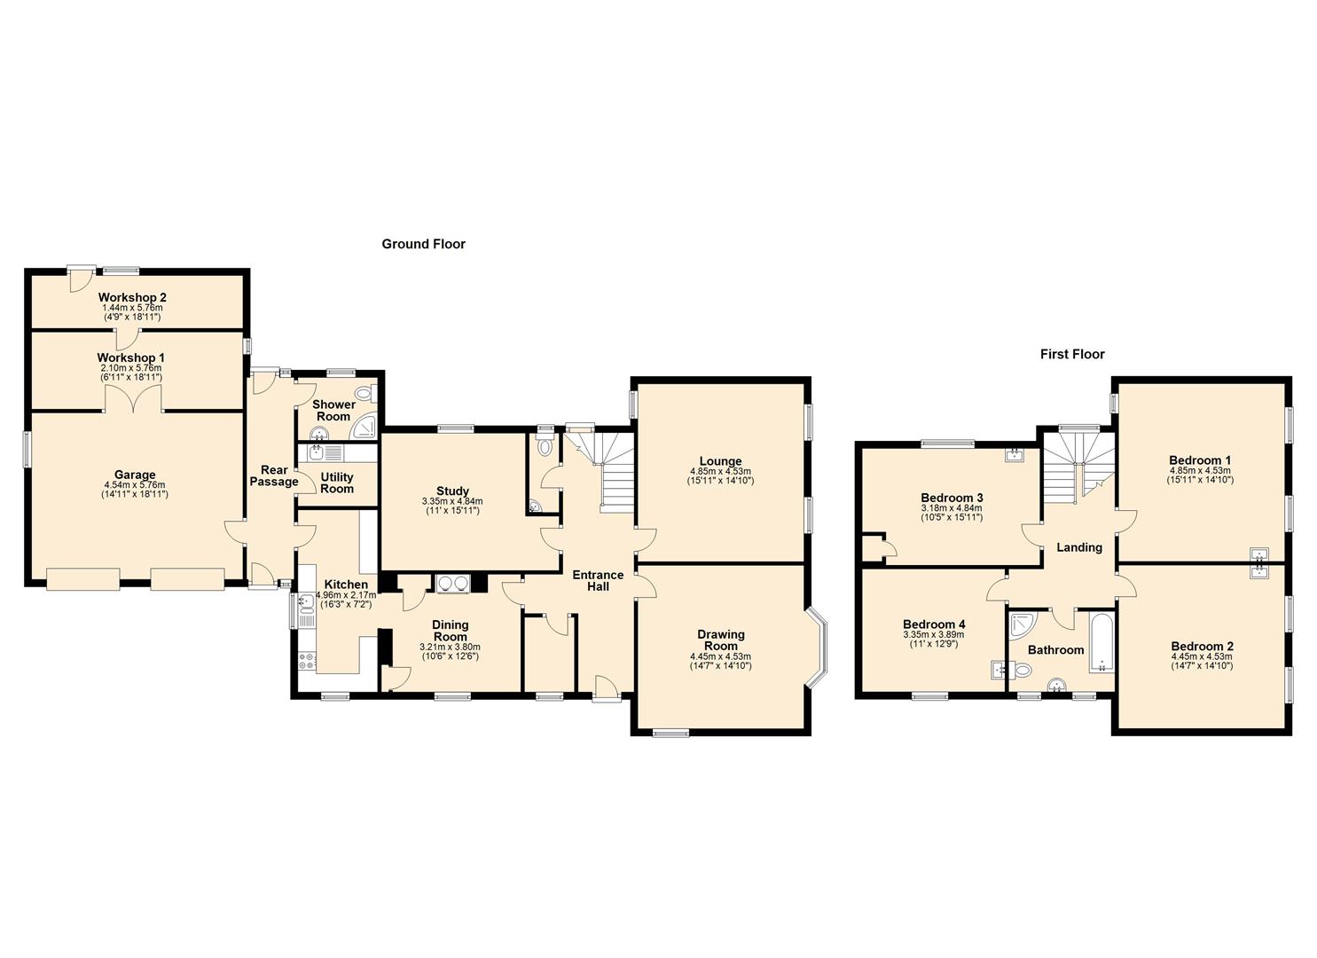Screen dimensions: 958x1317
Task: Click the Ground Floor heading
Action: (423, 244)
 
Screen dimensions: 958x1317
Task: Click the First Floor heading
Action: (1072, 354)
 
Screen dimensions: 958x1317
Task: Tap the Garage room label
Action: (135, 475)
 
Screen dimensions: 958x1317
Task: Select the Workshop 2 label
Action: (132, 297)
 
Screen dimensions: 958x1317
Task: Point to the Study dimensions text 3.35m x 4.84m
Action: (452, 501)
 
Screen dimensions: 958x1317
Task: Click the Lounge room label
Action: (720, 461)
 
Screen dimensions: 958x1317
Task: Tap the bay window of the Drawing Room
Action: (817, 648)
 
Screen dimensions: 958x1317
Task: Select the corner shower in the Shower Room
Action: (365, 428)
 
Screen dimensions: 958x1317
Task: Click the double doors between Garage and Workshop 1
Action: (134, 402)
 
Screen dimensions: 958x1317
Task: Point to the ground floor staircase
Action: (616, 475)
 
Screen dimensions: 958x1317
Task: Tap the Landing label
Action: (1079, 547)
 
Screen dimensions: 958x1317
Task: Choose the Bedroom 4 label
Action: (934, 624)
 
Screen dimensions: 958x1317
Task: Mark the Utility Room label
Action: (337, 483)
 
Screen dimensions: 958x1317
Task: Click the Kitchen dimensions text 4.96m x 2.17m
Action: (346, 594)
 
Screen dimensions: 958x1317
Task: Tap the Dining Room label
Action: (450, 631)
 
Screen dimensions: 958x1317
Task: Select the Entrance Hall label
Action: (597, 580)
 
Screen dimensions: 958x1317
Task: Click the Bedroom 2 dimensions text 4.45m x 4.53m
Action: (1202, 656)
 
